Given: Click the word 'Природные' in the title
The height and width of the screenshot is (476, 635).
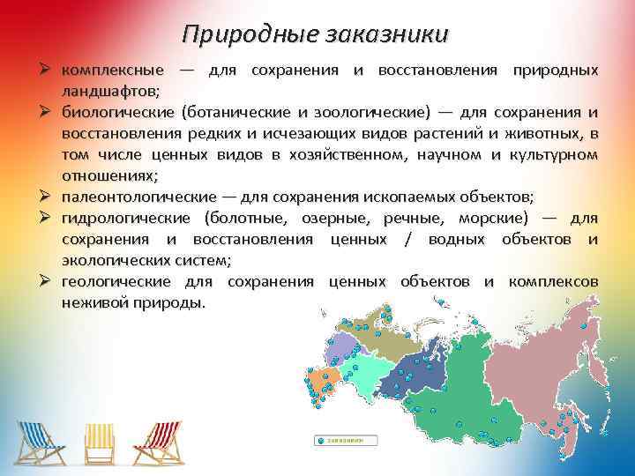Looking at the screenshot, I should click(x=240, y=33).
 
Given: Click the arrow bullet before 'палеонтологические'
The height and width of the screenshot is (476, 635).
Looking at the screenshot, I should click(x=50, y=196).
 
